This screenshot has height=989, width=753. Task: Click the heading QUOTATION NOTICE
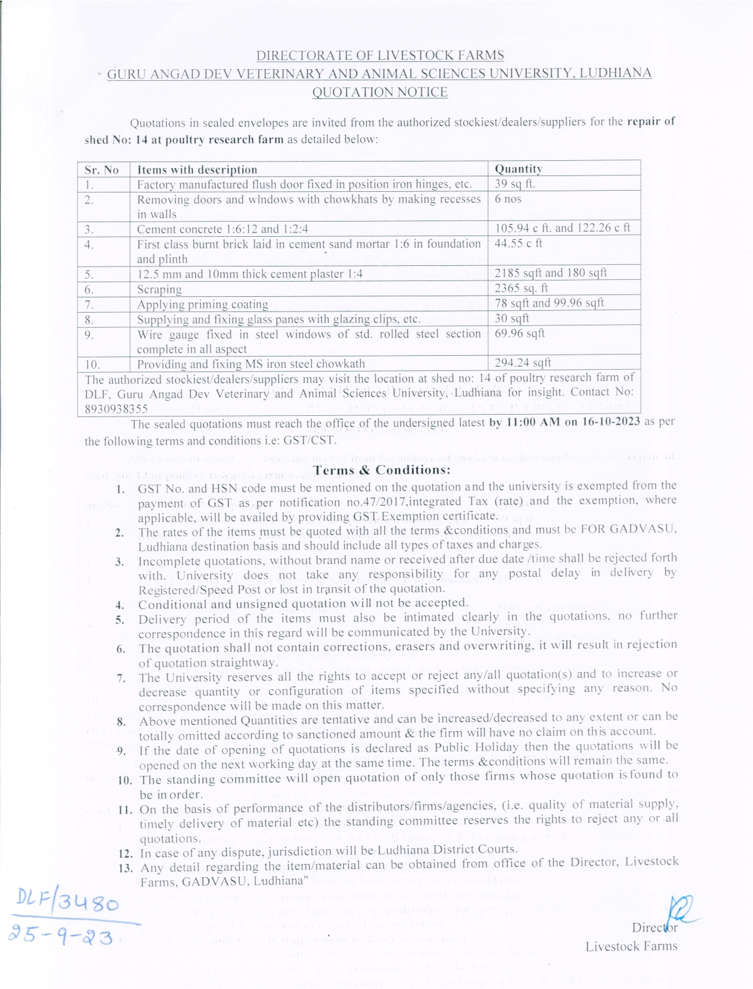(380, 92)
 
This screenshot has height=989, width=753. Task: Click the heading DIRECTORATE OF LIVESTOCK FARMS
(380, 56)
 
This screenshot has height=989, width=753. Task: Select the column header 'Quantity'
(518, 169)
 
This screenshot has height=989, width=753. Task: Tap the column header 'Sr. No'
(102, 170)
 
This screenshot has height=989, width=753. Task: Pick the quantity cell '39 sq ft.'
(515, 184)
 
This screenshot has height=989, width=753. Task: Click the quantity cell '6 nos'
(508, 199)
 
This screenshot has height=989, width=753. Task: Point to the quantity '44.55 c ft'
(519, 243)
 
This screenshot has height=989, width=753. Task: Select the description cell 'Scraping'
(159, 289)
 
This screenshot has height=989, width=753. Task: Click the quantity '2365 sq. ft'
(521, 288)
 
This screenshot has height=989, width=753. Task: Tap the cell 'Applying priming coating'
(202, 304)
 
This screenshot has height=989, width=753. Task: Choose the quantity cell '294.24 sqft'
(523, 362)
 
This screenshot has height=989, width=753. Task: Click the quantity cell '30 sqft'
(512, 318)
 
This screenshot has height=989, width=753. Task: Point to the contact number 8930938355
(116, 409)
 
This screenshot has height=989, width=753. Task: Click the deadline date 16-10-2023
(609, 421)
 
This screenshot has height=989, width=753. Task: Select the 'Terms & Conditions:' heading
(383, 470)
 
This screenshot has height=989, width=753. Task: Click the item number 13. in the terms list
(126, 868)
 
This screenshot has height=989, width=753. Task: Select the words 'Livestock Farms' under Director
(632, 947)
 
